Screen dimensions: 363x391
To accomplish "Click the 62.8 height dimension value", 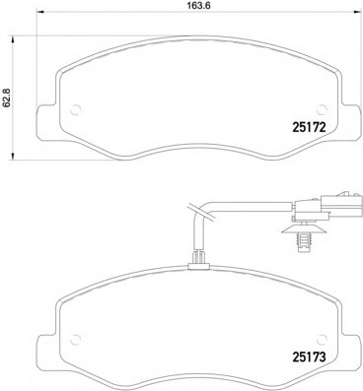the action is point(6,98).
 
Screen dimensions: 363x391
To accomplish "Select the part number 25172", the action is point(309,127).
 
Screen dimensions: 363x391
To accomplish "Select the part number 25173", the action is point(309,357).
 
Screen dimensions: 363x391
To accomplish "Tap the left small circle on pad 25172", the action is point(76,109).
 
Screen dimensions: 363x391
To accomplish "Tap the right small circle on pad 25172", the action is point(323,109).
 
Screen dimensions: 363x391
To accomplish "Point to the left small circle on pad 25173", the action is point(76,339).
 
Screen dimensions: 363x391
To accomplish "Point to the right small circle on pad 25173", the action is point(323,339).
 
